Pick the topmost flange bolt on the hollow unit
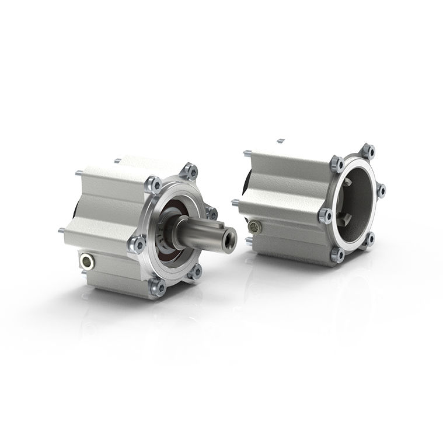368,151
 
